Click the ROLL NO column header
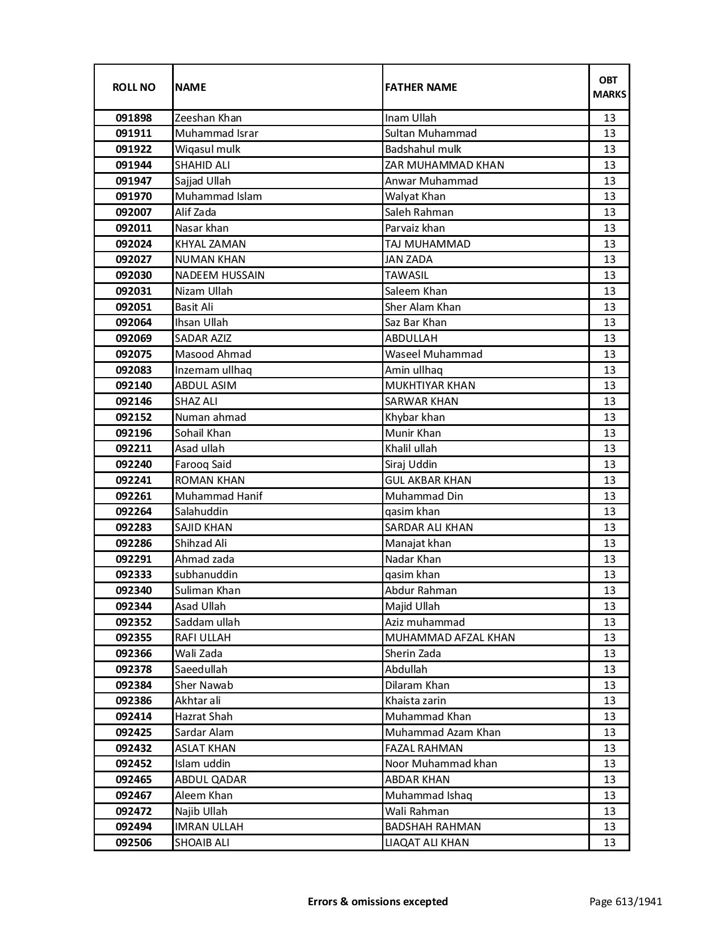[133, 87]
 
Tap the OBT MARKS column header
[609, 87]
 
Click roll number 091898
[133, 118]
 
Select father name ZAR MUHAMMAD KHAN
[444, 165]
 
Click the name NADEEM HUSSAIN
[219, 275]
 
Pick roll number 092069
[133, 338]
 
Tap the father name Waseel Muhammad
[433, 354]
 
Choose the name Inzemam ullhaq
[213, 370]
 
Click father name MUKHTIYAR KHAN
[430, 386]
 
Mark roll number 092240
[133, 465]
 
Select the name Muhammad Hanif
[218, 496]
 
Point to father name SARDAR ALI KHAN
[429, 528]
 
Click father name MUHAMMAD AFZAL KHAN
[450, 638]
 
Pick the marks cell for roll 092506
[609, 843]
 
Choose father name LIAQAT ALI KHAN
[426, 843]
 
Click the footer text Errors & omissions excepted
[378, 901]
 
